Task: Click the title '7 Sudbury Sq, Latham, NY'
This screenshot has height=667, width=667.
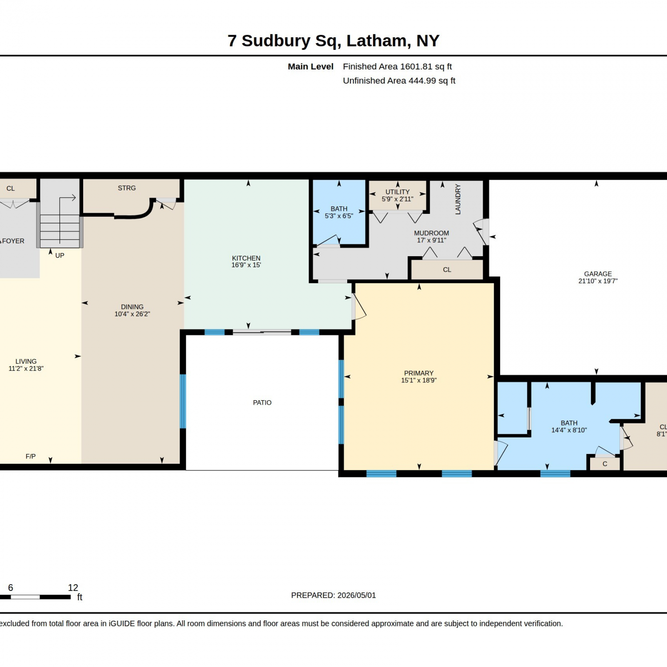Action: click(333, 40)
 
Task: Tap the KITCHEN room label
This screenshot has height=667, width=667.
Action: click(246, 258)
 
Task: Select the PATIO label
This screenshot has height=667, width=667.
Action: click(262, 402)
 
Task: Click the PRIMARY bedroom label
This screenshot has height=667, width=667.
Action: click(419, 373)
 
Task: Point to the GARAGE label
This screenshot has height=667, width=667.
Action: click(598, 274)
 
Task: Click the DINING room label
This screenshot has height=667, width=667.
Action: click(132, 307)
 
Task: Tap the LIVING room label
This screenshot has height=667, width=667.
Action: click(26, 362)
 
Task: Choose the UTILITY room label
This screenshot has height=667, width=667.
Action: click(398, 192)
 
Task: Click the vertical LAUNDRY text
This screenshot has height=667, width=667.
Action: click(458, 199)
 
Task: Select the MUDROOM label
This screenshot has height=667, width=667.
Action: click(431, 233)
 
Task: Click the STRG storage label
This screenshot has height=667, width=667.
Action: click(127, 188)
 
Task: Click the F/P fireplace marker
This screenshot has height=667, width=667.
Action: click(31, 456)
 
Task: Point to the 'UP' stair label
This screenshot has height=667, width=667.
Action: click(60, 255)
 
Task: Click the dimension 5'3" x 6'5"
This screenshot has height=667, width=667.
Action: click(339, 216)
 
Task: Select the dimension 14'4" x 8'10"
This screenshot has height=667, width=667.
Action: click(569, 430)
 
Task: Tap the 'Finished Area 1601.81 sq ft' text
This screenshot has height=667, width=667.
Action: click(398, 67)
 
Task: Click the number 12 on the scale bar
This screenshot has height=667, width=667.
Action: click(73, 587)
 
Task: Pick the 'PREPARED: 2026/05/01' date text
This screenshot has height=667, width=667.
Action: click(333, 595)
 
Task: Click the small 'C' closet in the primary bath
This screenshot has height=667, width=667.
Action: click(605, 464)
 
